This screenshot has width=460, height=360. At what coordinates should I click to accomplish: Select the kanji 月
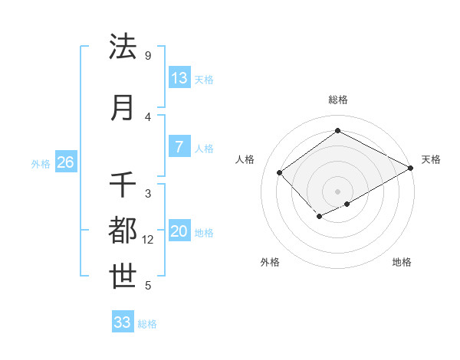tap(123, 107)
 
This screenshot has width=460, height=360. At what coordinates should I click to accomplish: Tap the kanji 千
tap(123, 185)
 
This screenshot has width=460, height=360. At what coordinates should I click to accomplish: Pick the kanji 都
tap(123, 231)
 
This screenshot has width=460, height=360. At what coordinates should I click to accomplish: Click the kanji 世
tap(123, 277)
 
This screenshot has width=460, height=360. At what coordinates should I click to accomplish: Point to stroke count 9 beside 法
tap(147, 56)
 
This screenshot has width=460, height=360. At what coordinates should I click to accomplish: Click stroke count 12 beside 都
tap(148, 240)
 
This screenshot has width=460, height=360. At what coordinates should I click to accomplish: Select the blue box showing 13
tap(179, 78)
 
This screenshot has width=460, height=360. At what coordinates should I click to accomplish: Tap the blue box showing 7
tap(179, 147)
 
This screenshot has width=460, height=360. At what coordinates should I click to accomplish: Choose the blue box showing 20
tap(179, 232)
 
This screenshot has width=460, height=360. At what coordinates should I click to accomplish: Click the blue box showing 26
tap(65, 162)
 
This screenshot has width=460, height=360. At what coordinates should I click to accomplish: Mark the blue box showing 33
tap(123, 322)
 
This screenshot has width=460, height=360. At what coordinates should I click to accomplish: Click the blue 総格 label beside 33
tap(147, 324)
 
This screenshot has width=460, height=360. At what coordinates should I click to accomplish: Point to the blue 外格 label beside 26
tap(41, 163)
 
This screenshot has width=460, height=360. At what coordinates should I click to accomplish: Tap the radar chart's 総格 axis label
tap(337, 100)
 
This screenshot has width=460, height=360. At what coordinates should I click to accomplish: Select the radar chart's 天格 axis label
tap(431, 159)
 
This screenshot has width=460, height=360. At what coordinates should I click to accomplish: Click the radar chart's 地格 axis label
tap(402, 263)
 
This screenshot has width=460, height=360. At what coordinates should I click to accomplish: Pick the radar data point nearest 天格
tap(411, 168)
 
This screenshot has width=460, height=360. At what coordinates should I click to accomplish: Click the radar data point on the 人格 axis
tap(280, 172)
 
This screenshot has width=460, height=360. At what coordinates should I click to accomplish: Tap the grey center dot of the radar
tap(337, 191)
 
